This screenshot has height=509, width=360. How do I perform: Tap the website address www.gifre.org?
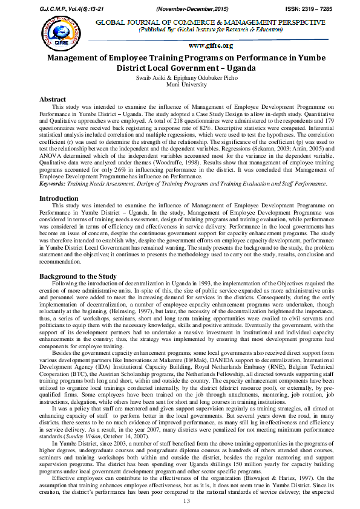pyautogui.click(x=211, y=45)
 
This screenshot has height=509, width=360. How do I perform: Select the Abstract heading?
pyautogui.click(x=53, y=99)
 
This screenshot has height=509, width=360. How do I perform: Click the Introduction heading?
pyautogui.click(x=59, y=198)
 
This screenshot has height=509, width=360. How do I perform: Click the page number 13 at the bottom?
pyautogui.click(x=186, y=501)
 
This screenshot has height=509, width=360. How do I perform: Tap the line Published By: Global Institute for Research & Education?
pyautogui.click(x=211, y=30)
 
